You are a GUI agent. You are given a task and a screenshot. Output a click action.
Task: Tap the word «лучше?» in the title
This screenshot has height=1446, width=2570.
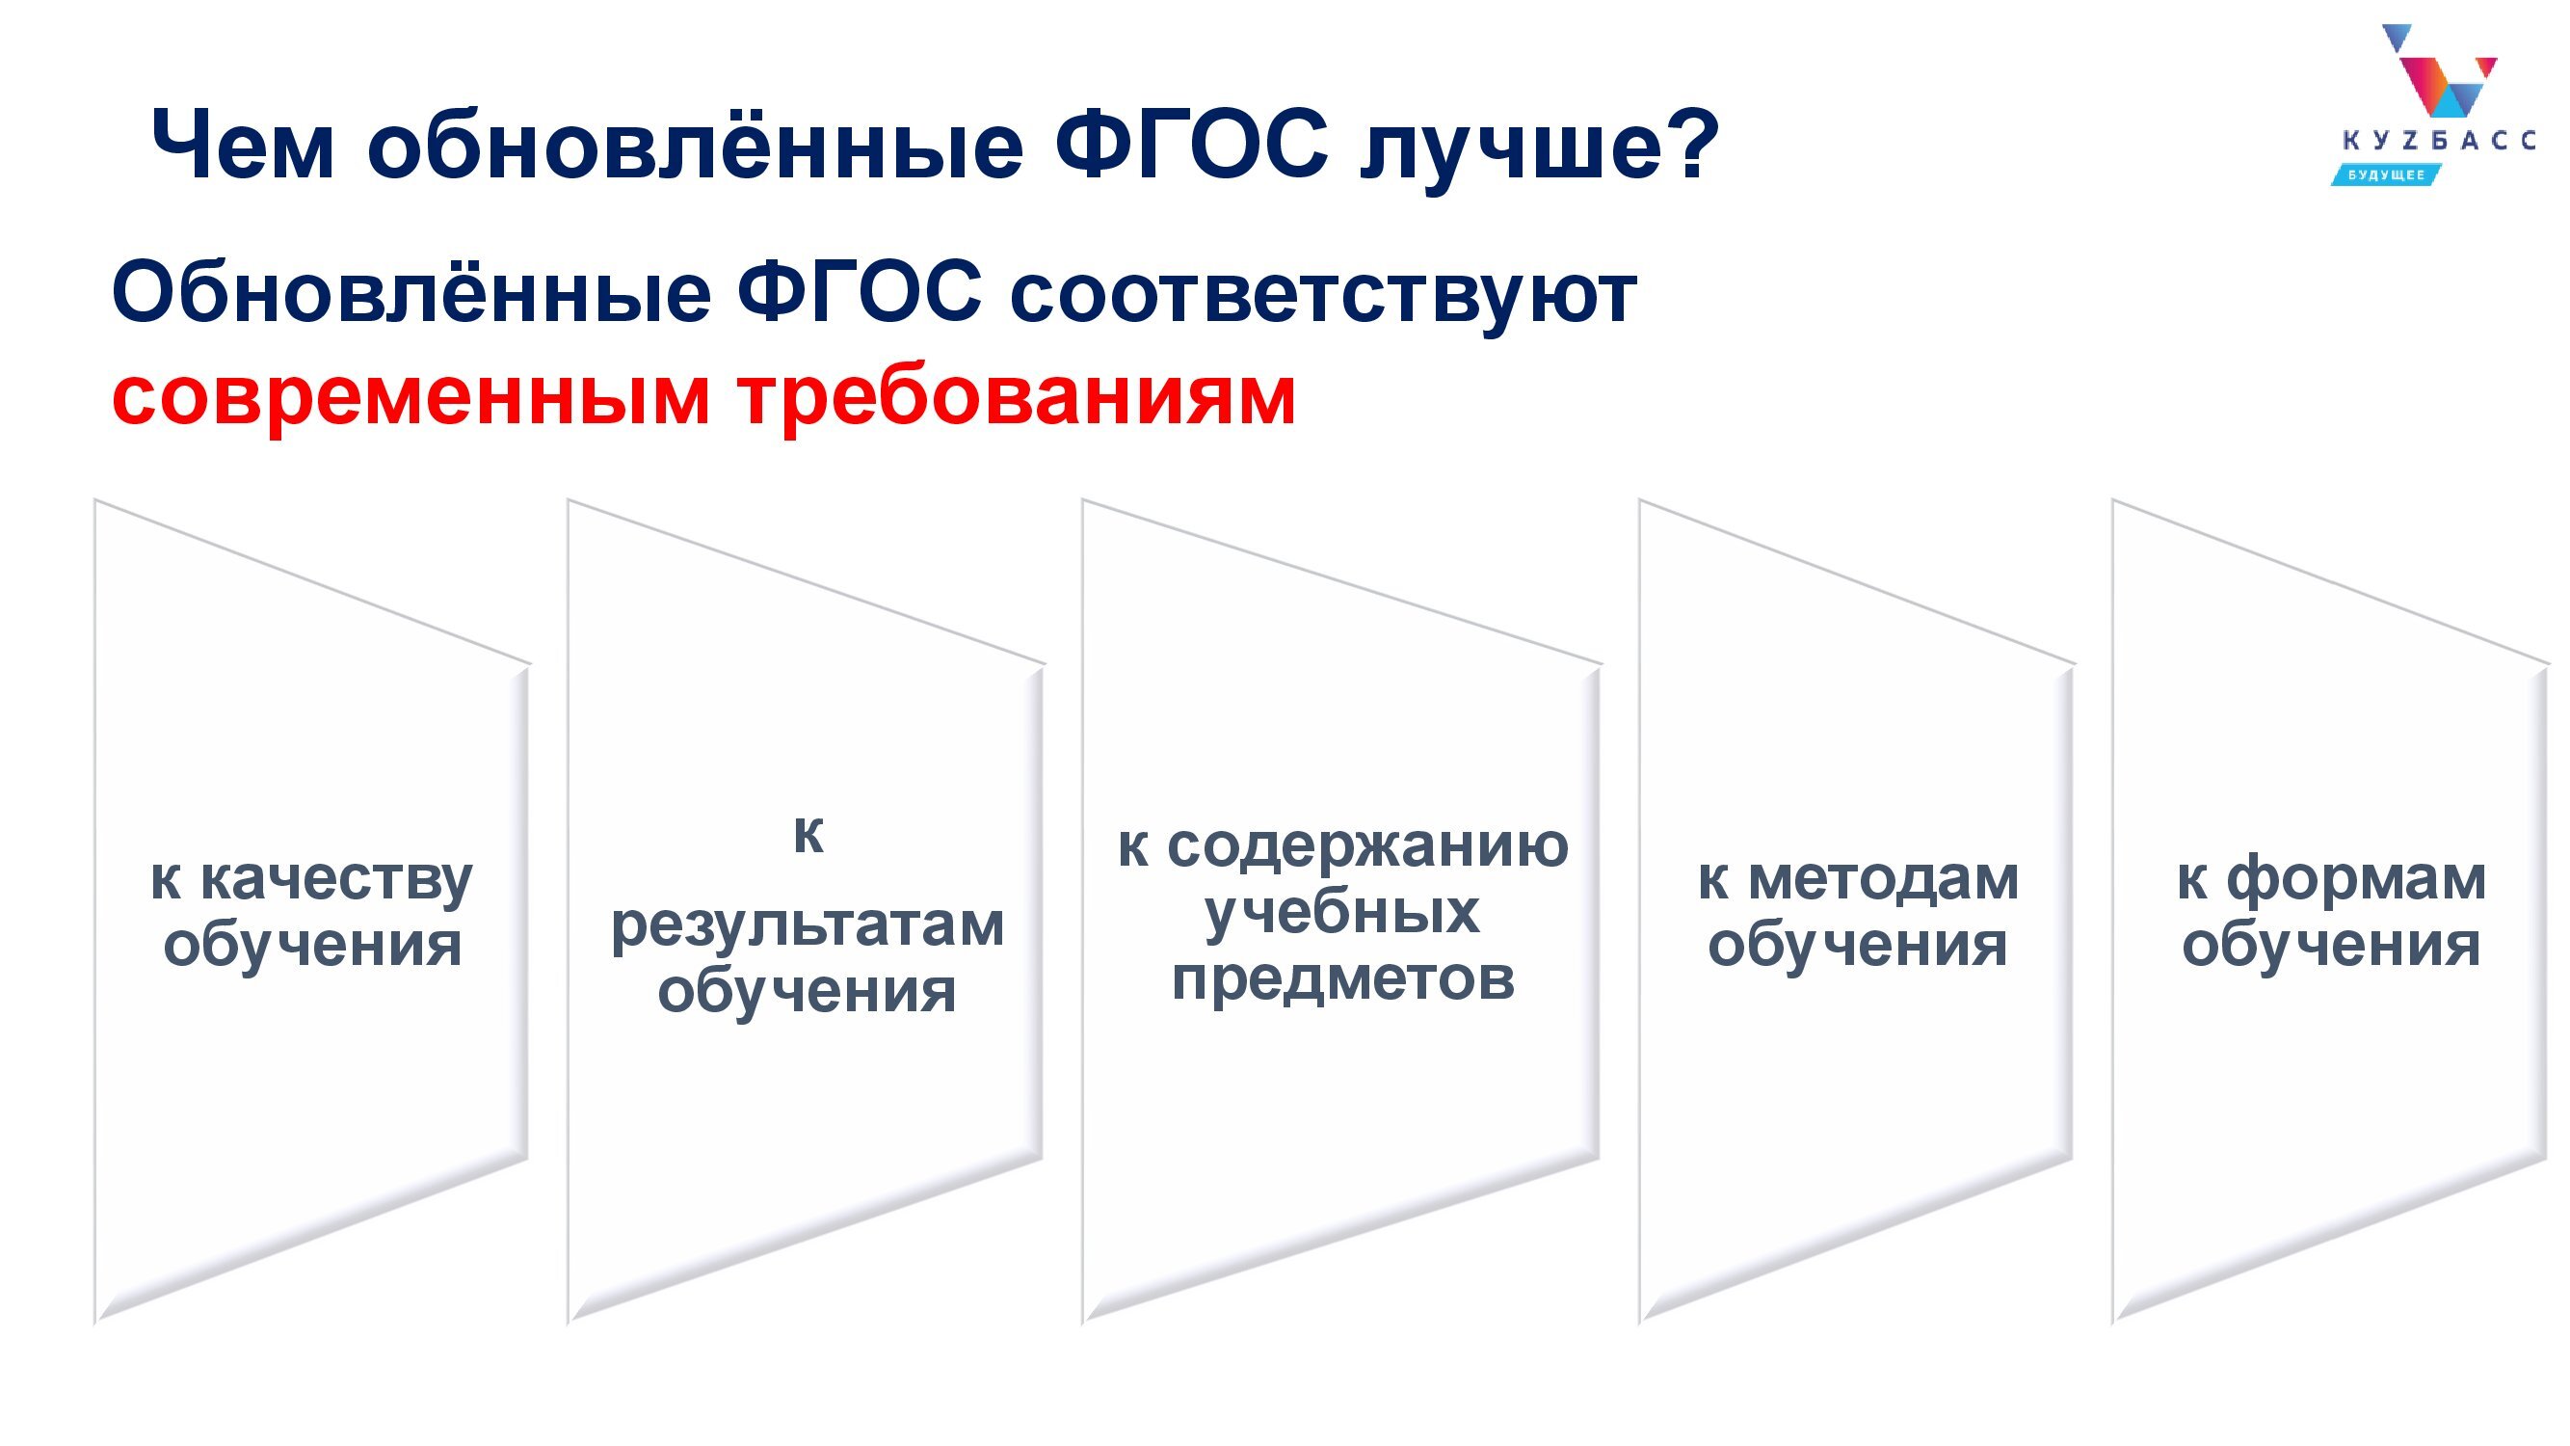tap(1540, 146)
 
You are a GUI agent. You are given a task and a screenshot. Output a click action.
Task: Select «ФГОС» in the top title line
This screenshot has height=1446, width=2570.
tap(1192, 144)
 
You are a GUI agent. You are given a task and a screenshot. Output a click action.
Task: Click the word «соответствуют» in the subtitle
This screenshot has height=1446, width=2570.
tap(1323, 294)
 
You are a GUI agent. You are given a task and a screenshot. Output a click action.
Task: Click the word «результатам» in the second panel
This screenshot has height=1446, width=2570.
tap(808, 927)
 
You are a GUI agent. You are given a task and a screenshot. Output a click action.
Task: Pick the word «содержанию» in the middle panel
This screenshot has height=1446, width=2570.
tap(1367, 847)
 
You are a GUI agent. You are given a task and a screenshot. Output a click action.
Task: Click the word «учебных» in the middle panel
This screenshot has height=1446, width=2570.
tap(1342, 913)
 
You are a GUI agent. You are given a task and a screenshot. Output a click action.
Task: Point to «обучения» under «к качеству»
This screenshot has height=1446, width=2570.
tap(312, 945)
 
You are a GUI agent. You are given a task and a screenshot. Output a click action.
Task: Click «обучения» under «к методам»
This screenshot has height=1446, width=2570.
tap(1857, 945)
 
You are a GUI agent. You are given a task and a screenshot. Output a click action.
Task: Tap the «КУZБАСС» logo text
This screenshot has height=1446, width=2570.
tap(2437, 141)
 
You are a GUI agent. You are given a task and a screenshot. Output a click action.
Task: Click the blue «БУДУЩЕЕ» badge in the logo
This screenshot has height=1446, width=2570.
tap(2384, 175)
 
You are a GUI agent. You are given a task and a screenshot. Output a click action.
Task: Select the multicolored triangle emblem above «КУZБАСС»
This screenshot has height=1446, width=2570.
tap(2439, 68)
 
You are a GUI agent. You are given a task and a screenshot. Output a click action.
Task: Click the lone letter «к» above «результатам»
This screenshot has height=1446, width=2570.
tap(808, 834)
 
